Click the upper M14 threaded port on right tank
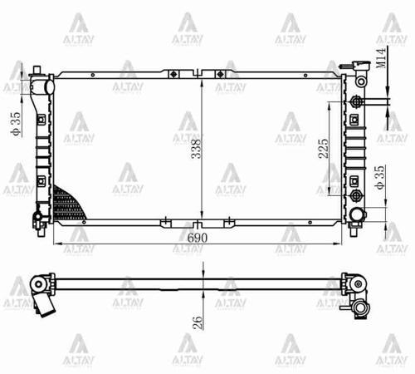tap(357, 101)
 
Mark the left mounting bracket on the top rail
tap(171, 74)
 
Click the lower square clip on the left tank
tap(40, 180)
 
